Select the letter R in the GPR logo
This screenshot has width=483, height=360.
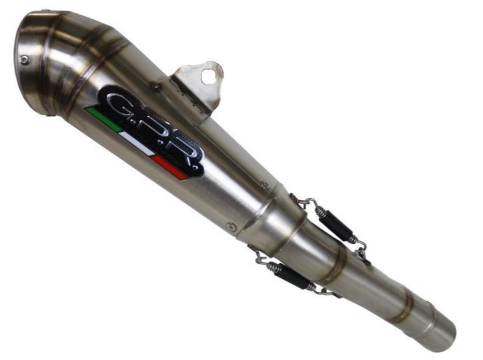click(183, 155)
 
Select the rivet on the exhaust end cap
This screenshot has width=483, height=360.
click(25, 59)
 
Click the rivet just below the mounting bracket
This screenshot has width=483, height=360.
click(155, 87)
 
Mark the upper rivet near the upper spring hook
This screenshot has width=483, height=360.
click(266, 185)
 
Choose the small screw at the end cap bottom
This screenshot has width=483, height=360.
click(53, 114)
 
